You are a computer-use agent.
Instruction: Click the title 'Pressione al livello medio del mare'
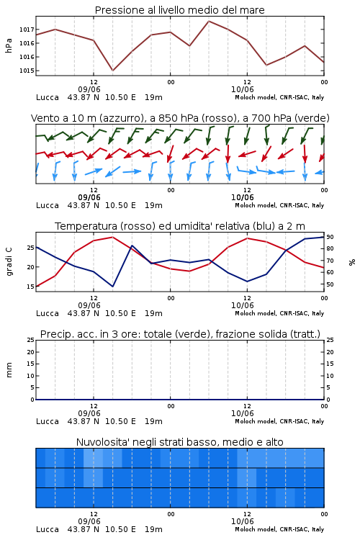point(179,10)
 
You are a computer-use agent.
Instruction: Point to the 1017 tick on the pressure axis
point(27,30)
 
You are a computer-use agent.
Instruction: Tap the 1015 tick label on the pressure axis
point(27,71)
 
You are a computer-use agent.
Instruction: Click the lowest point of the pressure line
point(112,71)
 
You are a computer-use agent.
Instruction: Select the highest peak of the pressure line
point(209,21)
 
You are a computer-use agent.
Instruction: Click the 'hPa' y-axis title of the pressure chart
point(9,45)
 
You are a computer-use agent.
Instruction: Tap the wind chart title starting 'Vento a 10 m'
point(180,118)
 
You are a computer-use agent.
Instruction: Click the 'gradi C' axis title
point(9,261)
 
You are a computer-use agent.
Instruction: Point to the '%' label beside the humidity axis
point(352,262)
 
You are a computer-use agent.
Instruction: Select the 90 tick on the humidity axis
point(330,237)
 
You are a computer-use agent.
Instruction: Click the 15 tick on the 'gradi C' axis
point(30,287)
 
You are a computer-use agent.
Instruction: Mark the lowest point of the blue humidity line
point(112,287)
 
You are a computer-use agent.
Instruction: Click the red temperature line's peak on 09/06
point(112,237)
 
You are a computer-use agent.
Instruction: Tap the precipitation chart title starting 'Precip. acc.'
point(180,334)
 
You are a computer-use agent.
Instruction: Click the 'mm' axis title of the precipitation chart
point(9,370)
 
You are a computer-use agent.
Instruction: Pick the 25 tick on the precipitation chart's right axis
point(330,340)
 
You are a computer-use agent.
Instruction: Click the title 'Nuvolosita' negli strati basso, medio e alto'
point(179,442)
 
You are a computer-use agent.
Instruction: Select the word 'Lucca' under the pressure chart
point(48,97)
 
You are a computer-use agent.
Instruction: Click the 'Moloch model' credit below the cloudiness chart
point(255,529)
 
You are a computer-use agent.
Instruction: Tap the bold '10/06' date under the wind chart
point(242,198)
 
